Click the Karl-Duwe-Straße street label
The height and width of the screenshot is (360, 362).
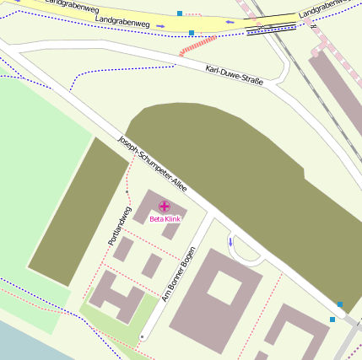pos(235,75)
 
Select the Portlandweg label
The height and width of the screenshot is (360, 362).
pos(120,226)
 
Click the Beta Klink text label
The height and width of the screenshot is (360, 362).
pos(165,219)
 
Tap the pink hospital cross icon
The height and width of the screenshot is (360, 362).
pos(164,206)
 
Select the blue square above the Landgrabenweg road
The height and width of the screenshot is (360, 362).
pos(180,13)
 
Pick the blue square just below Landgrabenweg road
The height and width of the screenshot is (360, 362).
pos(192,34)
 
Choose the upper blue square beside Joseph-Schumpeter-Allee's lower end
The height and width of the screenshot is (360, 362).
pos(340,304)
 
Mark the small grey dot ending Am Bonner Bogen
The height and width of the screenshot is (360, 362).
pos(142,337)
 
